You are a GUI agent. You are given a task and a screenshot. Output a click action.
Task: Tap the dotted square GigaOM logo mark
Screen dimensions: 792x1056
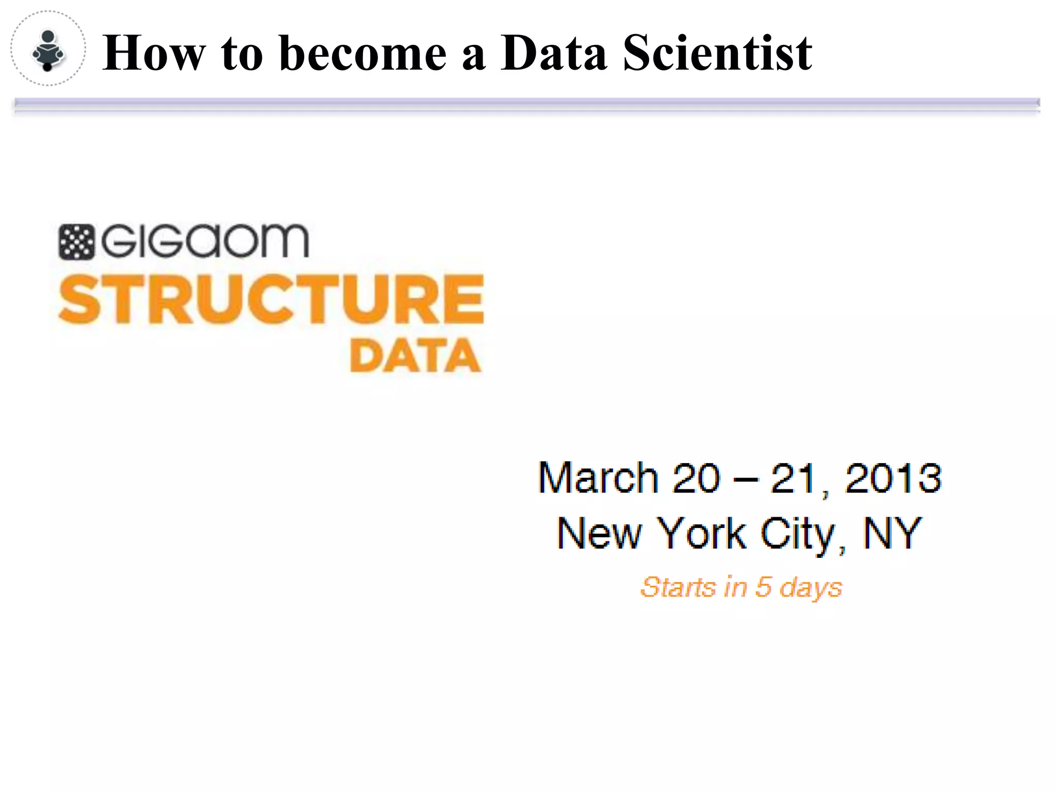tap(76, 242)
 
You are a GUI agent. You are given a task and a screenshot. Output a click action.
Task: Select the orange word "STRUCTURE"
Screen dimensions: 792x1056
tap(271, 300)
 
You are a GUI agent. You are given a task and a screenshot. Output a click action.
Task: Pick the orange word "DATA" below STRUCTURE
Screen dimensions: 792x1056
tap(415, 356)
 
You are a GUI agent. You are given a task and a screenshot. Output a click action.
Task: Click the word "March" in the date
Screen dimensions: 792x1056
tap(598, 477)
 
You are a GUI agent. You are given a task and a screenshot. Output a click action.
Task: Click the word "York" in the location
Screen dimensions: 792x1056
tap(703, 534)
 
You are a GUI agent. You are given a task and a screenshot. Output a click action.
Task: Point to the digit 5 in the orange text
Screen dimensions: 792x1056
tap(763, 587)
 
